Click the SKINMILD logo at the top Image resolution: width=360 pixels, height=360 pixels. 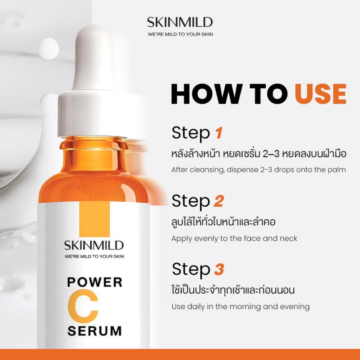tap(180, 22)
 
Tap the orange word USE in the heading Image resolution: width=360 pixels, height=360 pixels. tap(321, 94)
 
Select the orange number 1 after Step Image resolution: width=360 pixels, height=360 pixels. tap(219, 133)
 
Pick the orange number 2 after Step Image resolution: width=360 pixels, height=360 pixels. tap(219, 201)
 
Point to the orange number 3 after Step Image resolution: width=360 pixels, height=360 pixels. tap(219, 269)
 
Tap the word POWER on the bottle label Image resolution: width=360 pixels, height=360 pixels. tap(95, 282)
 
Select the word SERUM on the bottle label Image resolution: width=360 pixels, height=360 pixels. tap(94, 331)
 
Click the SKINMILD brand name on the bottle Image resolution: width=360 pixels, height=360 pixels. tap(94, 245)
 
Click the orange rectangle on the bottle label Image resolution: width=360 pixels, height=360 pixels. tap(94, 219)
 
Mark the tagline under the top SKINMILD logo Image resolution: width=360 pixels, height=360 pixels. tap(180, 34)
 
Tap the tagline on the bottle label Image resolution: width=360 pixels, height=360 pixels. tap(94, 256)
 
